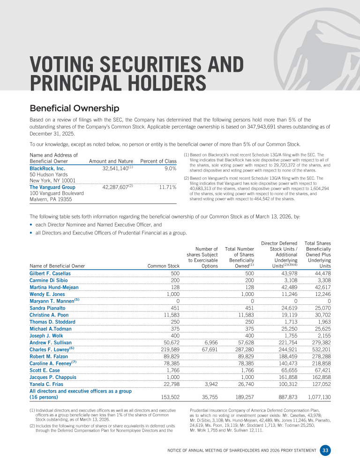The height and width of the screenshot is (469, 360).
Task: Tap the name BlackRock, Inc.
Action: coord(47,168)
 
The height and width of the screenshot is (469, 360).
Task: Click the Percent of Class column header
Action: coord(158,161)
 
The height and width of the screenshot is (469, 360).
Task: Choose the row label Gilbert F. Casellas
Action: coord(50,273)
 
